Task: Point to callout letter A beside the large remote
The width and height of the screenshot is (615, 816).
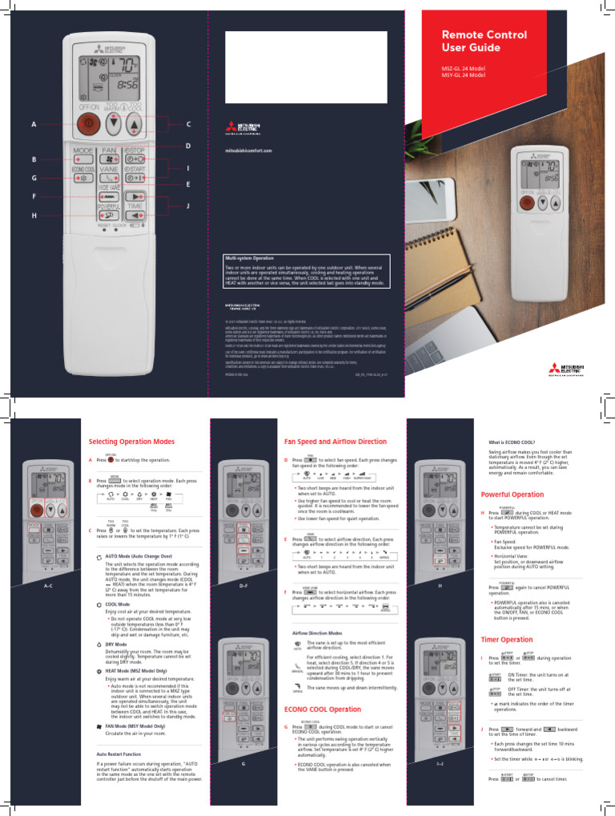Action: click(x=34, y=125)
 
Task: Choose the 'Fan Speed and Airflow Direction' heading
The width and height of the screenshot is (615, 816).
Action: click(x=336, y=442)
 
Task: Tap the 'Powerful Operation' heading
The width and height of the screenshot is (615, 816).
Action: click(x=512, y=494)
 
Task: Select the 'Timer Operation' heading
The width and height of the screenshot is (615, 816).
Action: click(x=506, y=640)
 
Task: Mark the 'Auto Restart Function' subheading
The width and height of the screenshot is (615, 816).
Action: click(x=119, y=754)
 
